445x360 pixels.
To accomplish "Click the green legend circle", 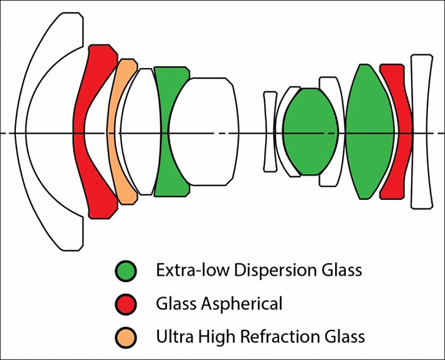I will (x=125, y=271).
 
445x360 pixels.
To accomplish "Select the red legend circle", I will (x=125, y=304).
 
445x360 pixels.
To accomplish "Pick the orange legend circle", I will (x=125, y=337).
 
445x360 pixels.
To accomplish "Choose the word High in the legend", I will (x=211, y=337).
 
